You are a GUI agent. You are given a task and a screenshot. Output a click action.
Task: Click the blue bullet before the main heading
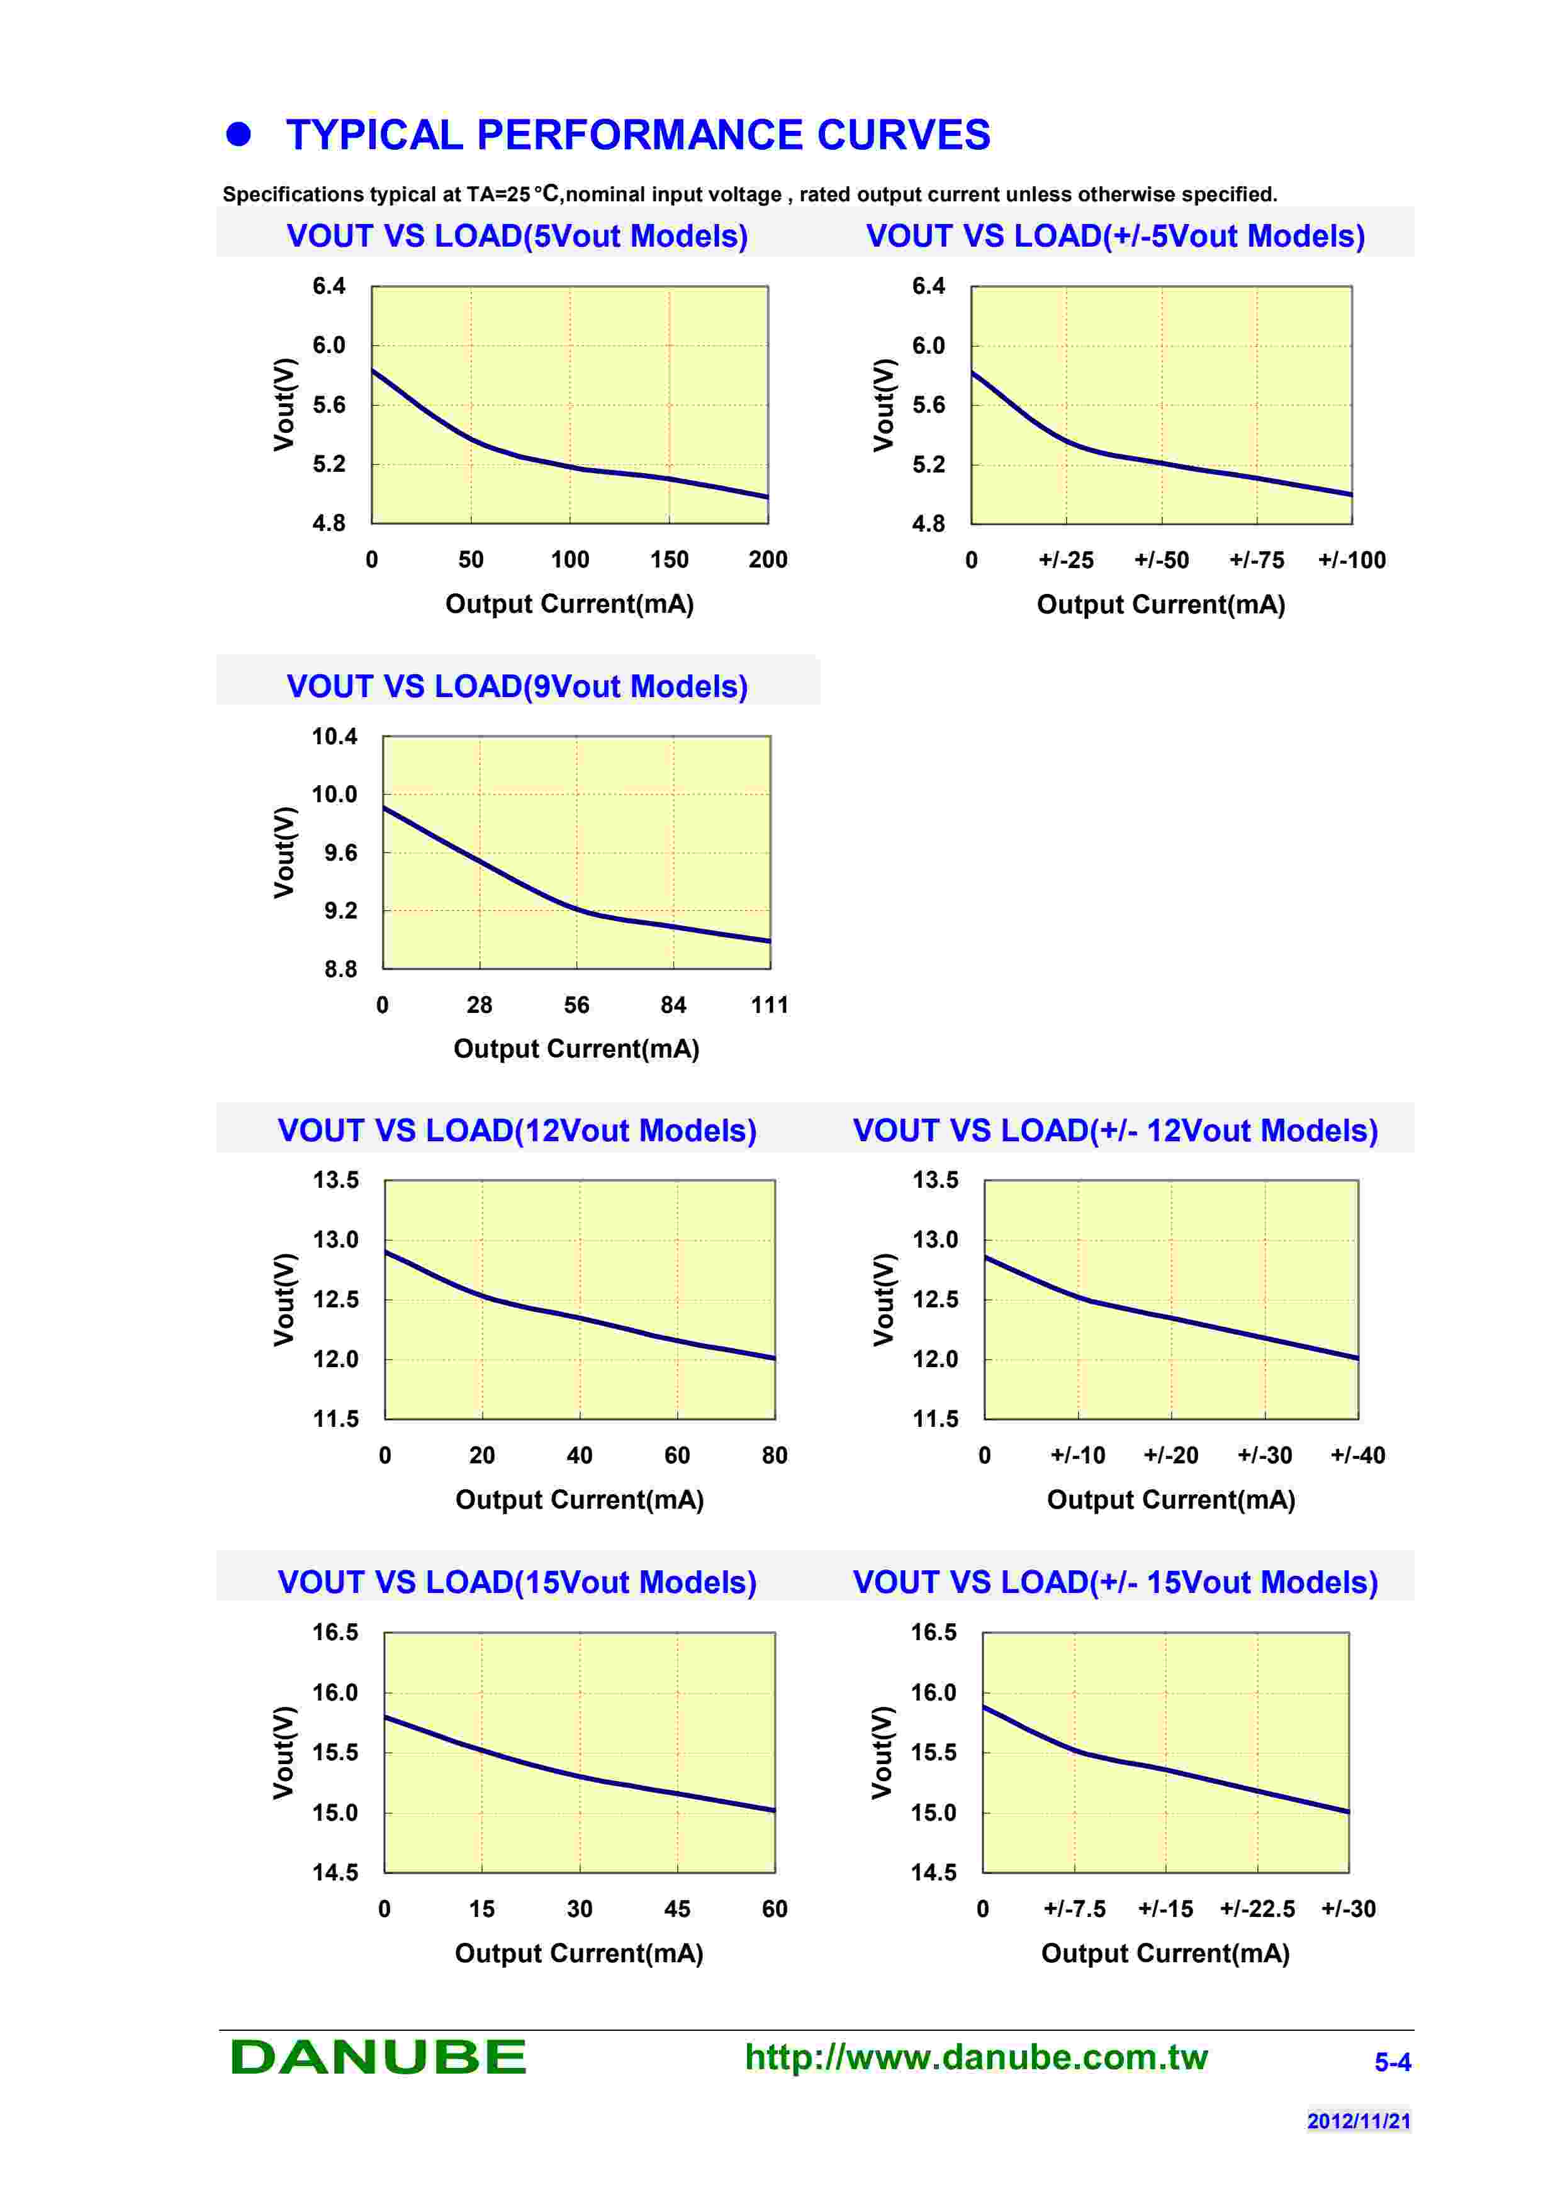(238, 135)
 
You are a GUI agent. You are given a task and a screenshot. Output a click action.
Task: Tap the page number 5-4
(1392, 2062)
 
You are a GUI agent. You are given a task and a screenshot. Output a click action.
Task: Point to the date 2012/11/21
(1358, 2120)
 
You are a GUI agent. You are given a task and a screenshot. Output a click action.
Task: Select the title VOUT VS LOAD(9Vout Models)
(517, 686)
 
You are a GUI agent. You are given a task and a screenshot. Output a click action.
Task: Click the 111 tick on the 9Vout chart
(769, 1005)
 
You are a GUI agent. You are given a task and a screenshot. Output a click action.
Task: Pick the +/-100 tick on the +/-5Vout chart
(1352, 561)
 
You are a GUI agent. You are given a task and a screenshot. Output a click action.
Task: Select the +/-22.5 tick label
(1257, 1909)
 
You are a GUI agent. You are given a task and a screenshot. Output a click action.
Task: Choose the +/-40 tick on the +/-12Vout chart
(1357, 1455)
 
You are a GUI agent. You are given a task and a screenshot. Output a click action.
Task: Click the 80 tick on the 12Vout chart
(774, 1455)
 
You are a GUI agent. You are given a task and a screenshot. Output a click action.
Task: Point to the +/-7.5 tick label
(1075, 1909)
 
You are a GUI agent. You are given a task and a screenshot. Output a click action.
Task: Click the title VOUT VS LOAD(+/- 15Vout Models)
(1115, 1582)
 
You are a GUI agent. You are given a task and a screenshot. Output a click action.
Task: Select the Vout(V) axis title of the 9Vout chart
(284, 852)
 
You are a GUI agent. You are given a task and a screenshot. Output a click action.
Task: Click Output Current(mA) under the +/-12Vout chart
(1170, 1499)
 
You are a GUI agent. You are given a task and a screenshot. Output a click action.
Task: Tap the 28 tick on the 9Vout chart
(479, 1005)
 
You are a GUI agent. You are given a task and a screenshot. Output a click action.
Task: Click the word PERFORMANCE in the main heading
(638, 135)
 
